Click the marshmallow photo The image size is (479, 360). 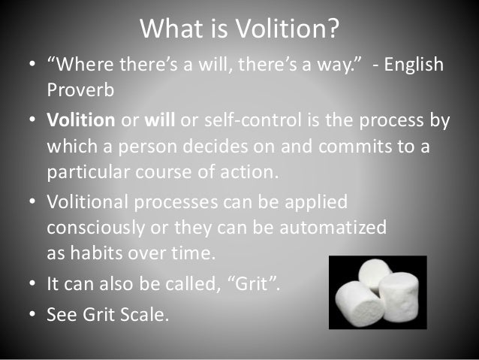point(377,292)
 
